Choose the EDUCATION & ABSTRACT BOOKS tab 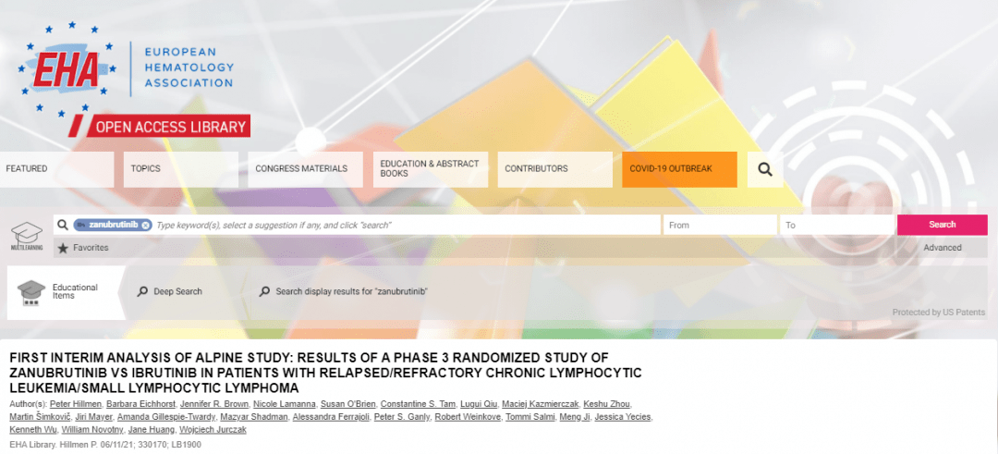(x=431, y=169)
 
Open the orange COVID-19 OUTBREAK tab (x=679, y=169)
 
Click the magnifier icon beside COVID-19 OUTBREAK (x=765, y=169)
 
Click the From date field (x=720, y=225)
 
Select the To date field (x=837, y=225)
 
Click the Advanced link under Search (x=942, y=248)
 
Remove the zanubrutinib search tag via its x (x=146, y=225)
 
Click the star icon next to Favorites (x=63, y=249)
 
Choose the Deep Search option (x=170, y=291)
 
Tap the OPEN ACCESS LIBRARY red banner (x=168, y=127)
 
